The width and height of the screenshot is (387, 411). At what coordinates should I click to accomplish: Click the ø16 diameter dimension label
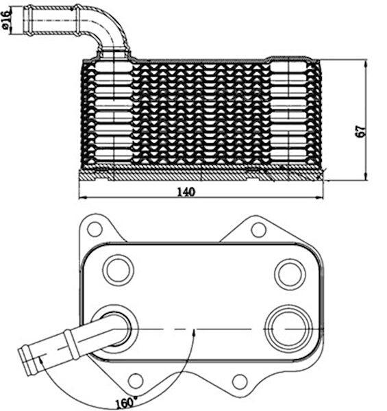[x=5, y=19]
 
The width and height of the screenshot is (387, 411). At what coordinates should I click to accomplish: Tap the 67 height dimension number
[x=361, y=132]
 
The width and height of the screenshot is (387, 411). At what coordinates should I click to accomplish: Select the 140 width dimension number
[x=186, y=192]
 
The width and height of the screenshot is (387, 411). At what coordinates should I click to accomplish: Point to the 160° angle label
[x=127, y=403]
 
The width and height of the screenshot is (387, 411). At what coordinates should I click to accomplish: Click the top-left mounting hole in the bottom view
[x=95, y=229]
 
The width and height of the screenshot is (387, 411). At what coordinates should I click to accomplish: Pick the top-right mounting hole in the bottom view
[x=259, y=230]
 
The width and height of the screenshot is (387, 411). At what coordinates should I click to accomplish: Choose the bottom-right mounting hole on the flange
[x=240, y=382]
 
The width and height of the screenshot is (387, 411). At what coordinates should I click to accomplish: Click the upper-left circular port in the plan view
[x=118, y=271]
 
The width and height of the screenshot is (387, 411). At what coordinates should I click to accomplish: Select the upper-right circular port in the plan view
[x=290, y=274]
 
